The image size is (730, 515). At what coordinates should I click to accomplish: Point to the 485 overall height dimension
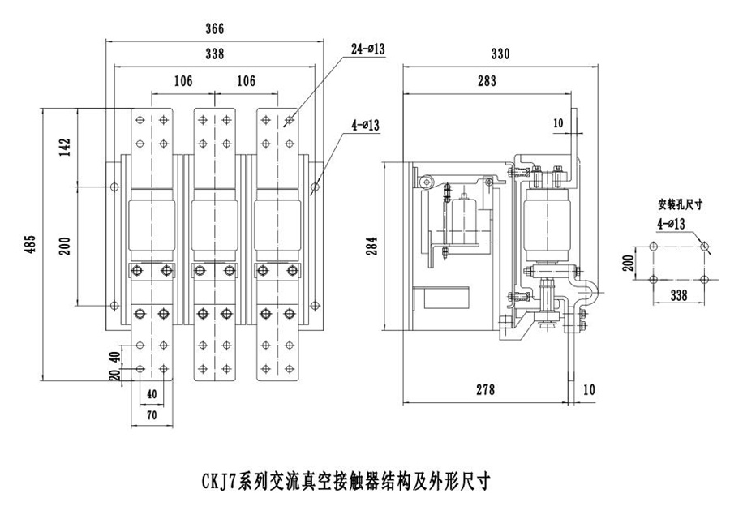pos(31,244)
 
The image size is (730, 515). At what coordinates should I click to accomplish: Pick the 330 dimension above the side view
pos(500,54)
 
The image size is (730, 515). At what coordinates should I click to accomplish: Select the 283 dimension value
pos(487,81)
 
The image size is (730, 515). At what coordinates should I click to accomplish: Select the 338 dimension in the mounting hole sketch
pos(678,296)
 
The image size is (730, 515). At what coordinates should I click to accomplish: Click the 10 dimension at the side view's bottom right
pos(588,390)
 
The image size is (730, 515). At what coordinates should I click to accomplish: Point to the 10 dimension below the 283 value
pos(556,123)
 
